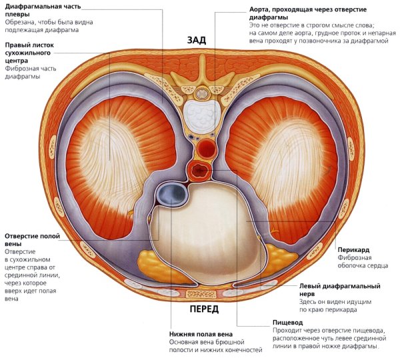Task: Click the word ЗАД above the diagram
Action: [199, 40]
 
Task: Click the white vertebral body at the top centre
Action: [199, 113]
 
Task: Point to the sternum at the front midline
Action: [199, 294]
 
